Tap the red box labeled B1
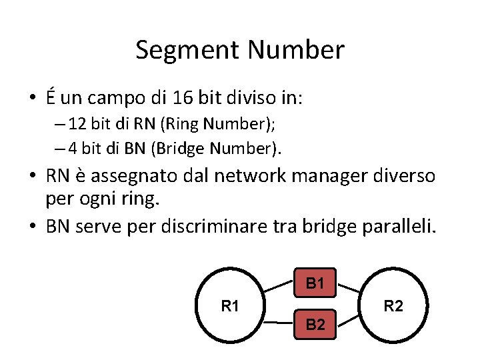pos(315,283)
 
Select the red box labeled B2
pos(315,324)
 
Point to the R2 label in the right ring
pos(393,307)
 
